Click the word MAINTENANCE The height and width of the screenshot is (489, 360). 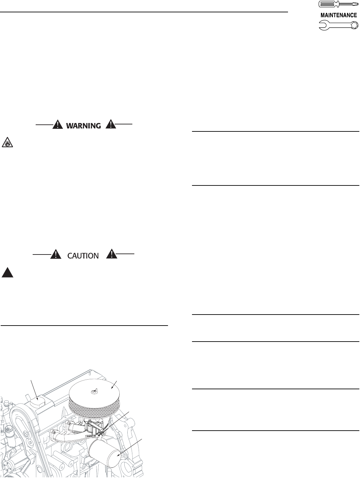pos(339,15)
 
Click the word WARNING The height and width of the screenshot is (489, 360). pos(83,126)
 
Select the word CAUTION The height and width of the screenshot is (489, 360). pos(83,256)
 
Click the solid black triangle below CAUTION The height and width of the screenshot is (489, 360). pos(7,273)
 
